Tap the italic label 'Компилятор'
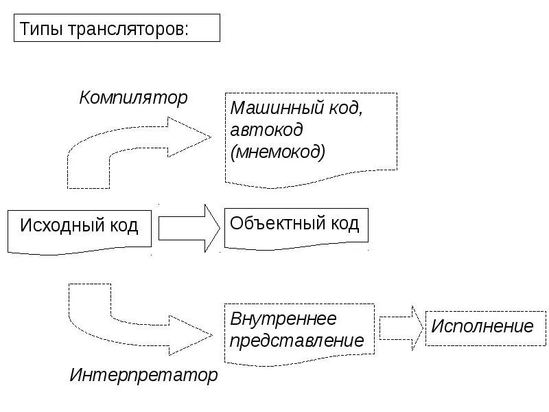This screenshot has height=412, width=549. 133,98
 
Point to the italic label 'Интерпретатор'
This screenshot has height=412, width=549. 143,375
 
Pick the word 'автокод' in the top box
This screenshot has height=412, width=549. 266,130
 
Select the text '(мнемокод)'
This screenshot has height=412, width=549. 278,151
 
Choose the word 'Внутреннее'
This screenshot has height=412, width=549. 283,319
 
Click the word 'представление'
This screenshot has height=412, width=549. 296,340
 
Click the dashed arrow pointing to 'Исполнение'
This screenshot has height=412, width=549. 401,328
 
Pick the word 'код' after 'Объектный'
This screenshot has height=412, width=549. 342,224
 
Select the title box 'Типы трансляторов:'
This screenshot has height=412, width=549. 117,30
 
